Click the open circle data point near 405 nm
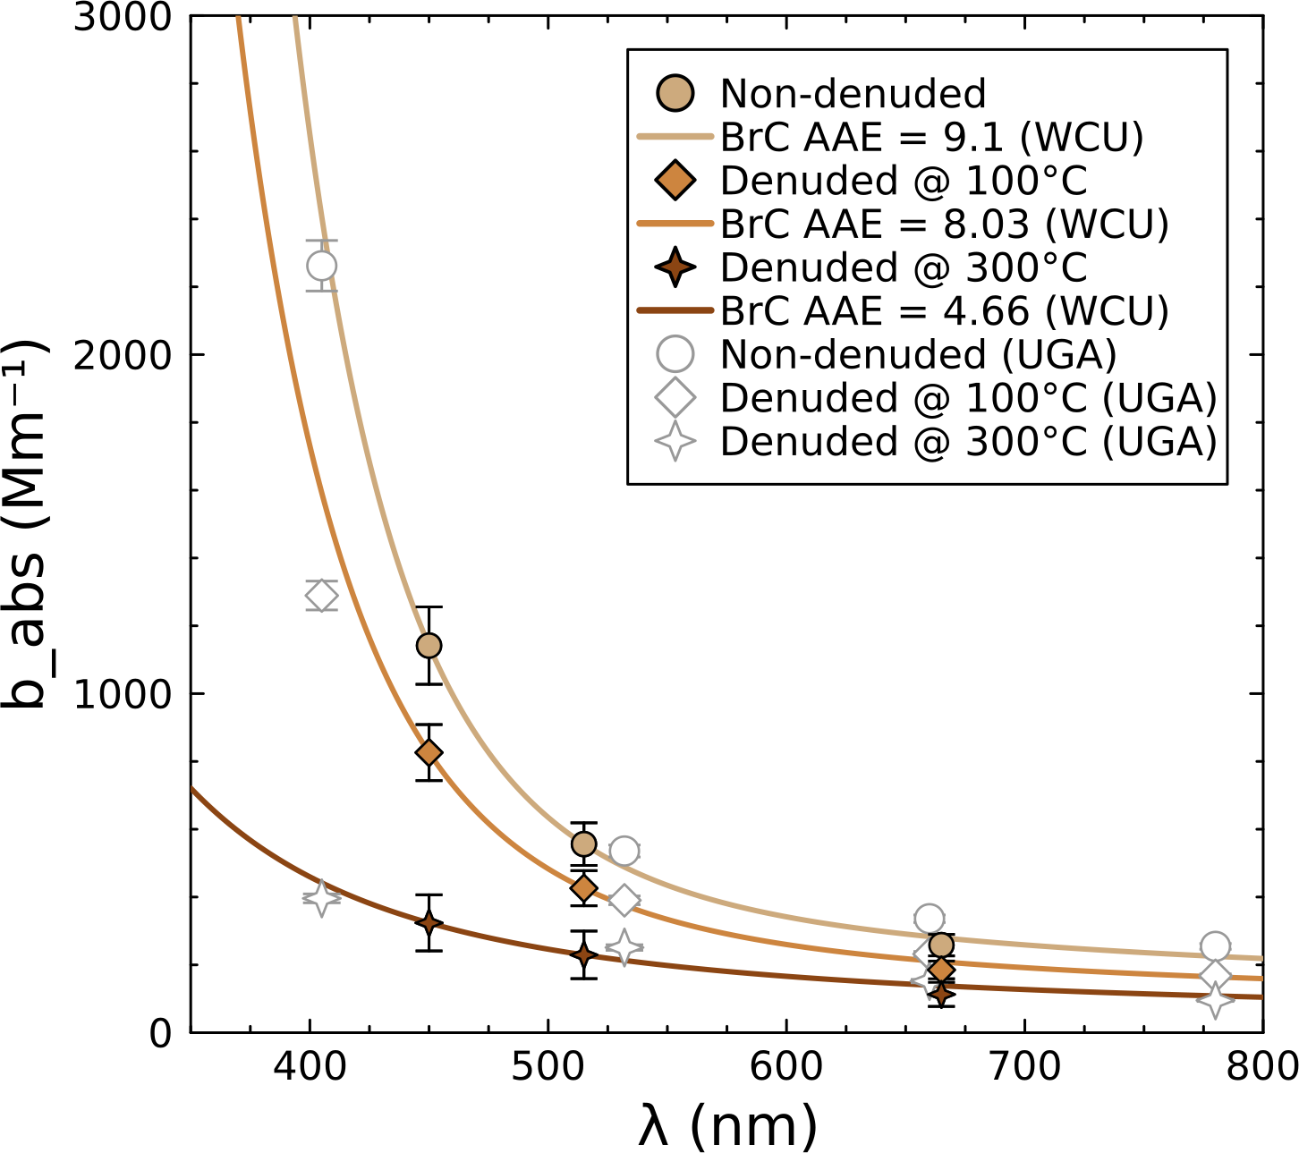321,266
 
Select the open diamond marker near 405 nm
321,596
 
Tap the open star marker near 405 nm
321,897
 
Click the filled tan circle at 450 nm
429,645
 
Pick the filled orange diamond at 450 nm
429,752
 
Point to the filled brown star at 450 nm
429,922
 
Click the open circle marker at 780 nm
1214,945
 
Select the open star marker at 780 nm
1214,999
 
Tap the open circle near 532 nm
624,851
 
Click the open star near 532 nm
624,947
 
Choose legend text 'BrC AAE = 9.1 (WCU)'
931,137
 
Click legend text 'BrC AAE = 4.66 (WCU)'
944,311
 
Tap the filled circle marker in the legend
675,93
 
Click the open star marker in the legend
675,442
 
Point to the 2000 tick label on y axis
122,355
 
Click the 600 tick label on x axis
785,1066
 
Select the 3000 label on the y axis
122,17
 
